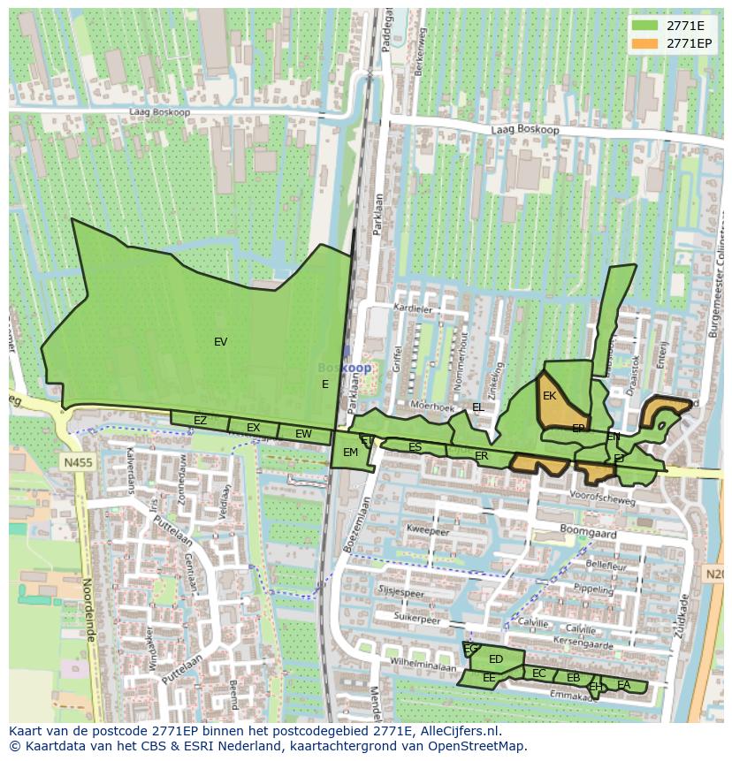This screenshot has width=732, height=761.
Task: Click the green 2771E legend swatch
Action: [645, 25]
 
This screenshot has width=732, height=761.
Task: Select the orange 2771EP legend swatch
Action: [645, 42]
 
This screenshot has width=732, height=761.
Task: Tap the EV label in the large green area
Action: [220, 342]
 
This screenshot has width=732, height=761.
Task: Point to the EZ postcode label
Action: [200, 421]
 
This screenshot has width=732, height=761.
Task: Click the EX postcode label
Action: [254, 428]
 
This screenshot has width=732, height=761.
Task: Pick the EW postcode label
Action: [303, 434]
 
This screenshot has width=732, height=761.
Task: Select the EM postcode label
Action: [350, 453]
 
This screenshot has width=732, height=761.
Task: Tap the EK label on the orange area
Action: [549, 396]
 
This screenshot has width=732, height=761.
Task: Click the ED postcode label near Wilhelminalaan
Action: [496, 659]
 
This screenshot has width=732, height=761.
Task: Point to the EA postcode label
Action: [624, 685]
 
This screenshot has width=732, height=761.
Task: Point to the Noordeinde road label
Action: [88, 609]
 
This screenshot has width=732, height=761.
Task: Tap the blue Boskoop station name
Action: [345, 368]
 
